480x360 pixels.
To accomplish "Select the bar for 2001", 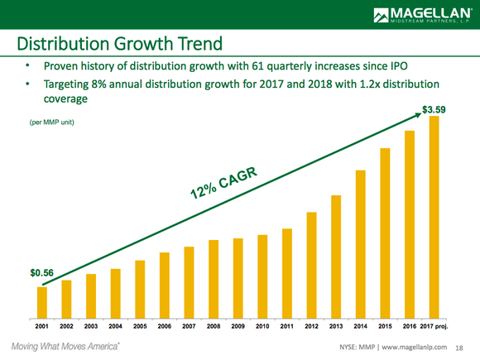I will point(41,302).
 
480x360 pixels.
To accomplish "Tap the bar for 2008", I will point(214,279).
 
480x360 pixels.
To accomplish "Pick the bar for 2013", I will point(336,257).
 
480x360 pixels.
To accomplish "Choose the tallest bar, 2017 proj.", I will point(434,217).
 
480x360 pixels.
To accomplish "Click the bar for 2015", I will point(385,233).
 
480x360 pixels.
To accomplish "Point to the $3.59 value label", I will point(435,108).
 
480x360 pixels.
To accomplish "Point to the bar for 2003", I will point(91,296).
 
